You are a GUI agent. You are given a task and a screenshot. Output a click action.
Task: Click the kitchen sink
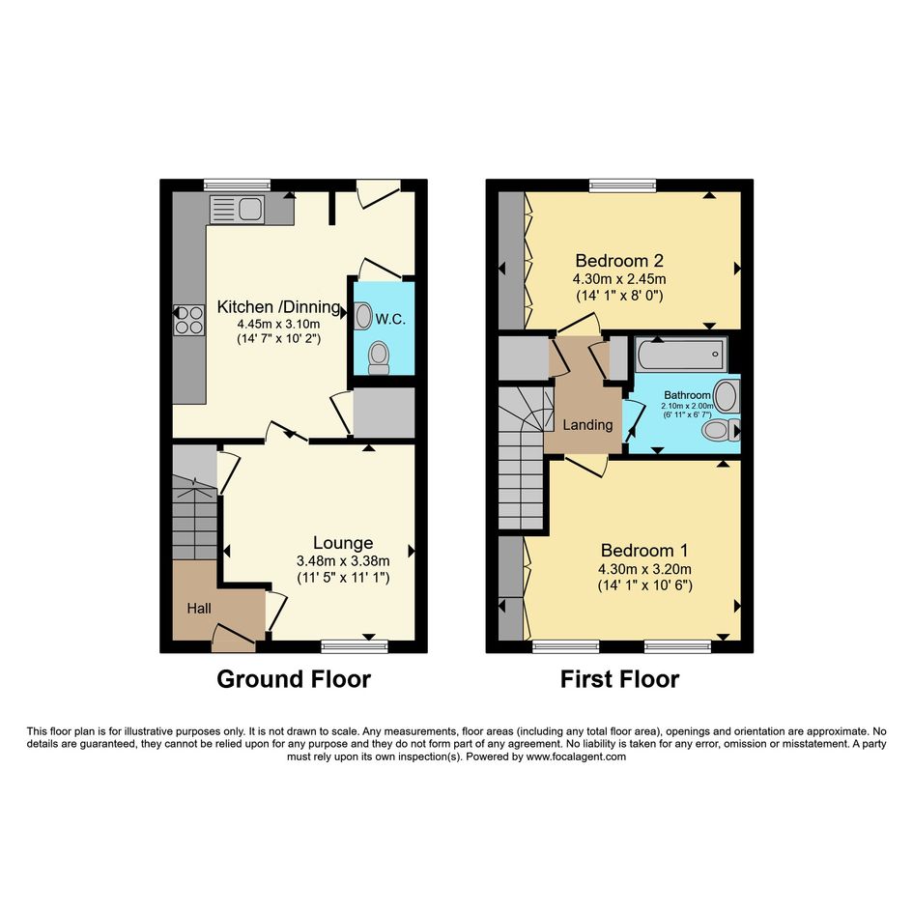[237, 210]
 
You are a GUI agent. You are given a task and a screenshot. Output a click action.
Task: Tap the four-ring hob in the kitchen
[189, 320]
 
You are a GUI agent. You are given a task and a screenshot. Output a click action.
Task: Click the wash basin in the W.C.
[363, 316]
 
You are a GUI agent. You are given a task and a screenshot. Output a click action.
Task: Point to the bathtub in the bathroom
[680, 354]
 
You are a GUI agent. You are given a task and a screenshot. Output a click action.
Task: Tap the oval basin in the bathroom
[728, 396]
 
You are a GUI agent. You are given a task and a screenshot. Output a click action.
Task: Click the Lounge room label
[343, 543]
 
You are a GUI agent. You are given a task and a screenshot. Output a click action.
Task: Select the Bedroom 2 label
[619, 260]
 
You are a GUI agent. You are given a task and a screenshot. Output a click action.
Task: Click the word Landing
[587, 425]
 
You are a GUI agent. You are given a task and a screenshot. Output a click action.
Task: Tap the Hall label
[199, 609]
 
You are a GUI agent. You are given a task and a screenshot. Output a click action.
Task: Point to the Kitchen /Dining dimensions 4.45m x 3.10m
[278, 325]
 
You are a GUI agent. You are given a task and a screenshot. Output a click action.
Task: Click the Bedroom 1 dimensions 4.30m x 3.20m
[644, 569]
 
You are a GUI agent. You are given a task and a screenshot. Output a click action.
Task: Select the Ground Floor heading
[294, 679]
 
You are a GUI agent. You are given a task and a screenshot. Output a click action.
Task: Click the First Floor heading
[619, 679]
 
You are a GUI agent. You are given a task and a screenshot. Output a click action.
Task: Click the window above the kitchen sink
[237, 185]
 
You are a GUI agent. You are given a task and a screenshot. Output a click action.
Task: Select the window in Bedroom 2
[622, 185]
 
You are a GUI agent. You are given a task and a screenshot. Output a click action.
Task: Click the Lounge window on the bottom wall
[355, 646]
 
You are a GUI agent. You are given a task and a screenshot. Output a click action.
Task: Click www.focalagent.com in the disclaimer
[576, 756]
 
